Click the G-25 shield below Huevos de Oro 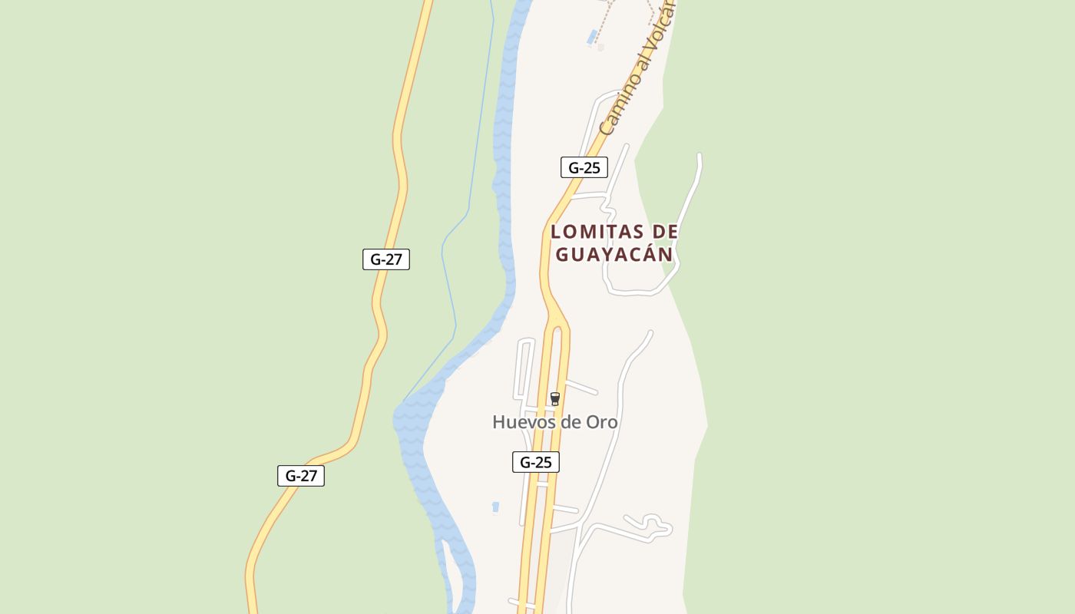536,462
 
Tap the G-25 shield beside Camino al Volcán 584,167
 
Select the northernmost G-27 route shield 386,259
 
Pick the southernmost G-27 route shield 301,476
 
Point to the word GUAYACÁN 614,254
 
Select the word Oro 602,422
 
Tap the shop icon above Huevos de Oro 555,399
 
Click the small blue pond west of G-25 495,507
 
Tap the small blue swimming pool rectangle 592,37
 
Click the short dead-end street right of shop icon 582,387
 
